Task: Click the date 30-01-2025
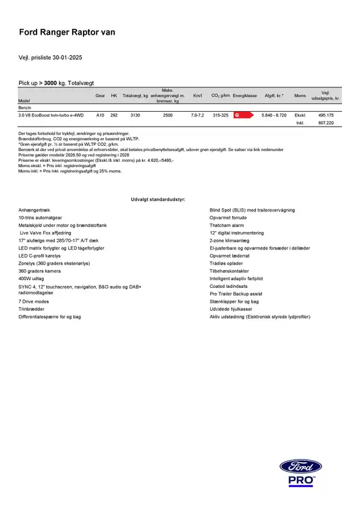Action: click(x=66, y=58)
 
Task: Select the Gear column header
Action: click(x=100, y=95)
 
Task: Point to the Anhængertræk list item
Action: click(x=33, y=210)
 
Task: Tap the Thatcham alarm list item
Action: click(x=228, y=226)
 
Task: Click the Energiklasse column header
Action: click(x=244, y=95)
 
